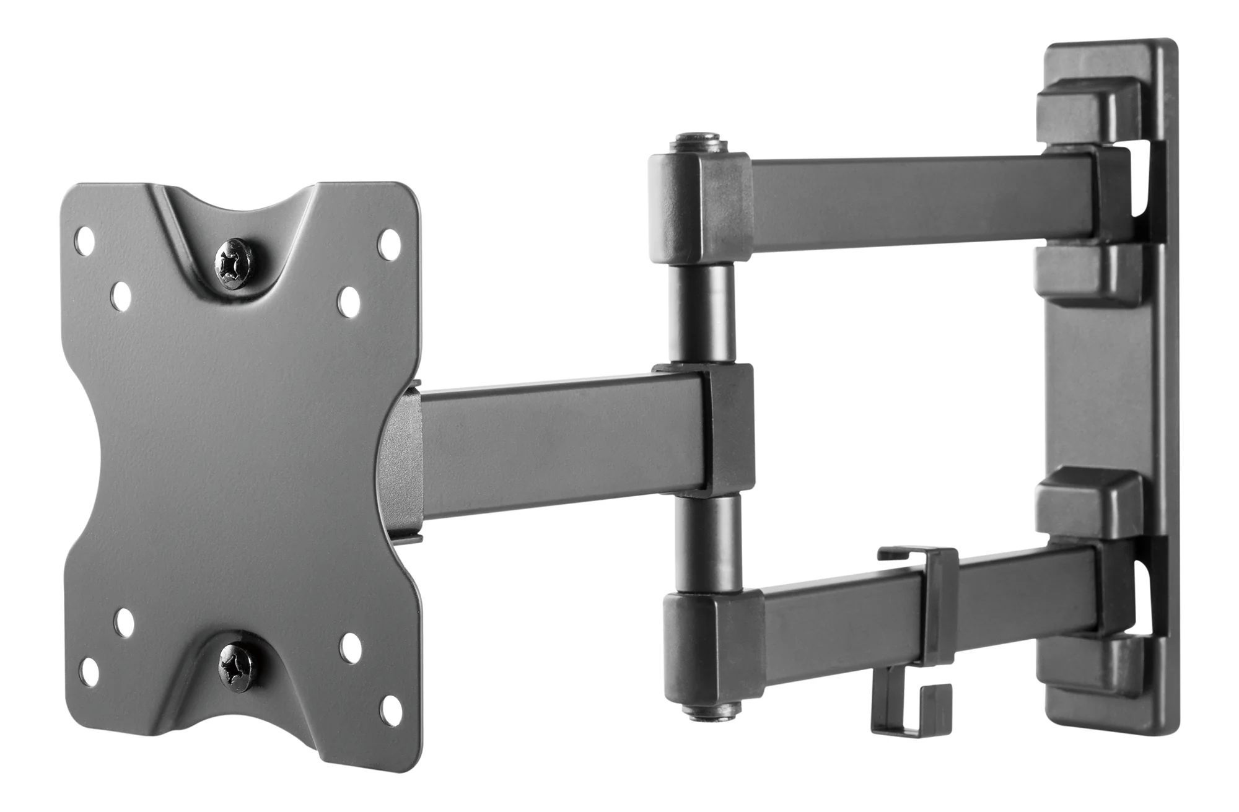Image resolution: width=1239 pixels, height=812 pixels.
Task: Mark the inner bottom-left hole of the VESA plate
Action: tap(125, 624)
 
